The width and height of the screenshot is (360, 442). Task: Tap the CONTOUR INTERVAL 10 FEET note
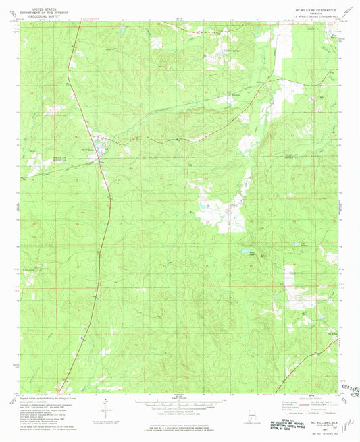(179, 413)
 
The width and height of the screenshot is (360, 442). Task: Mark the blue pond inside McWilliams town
(99, 144)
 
